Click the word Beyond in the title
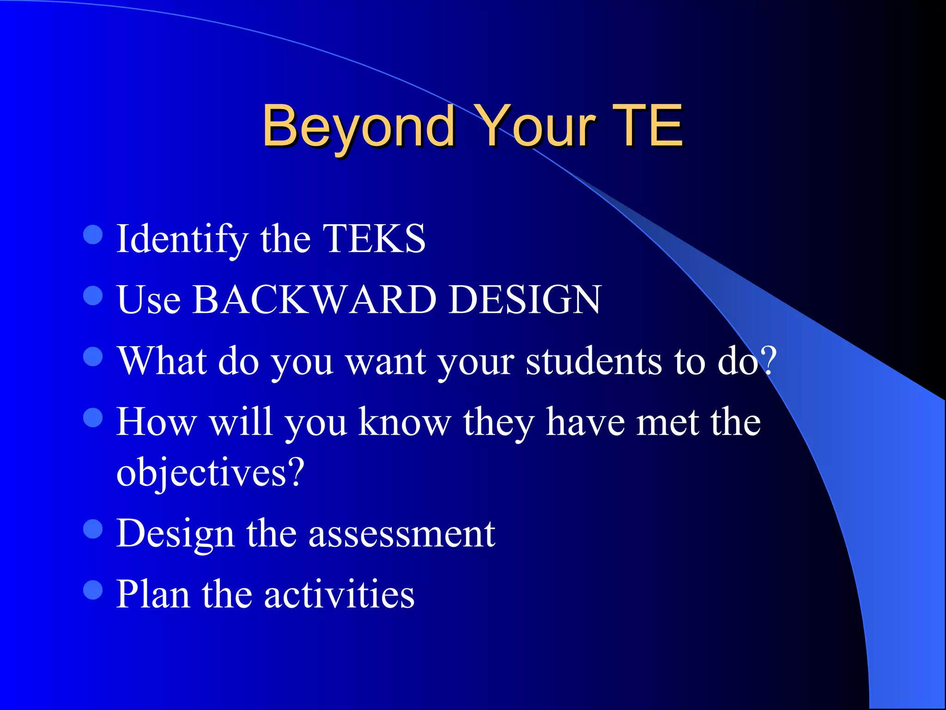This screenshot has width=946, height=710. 358,126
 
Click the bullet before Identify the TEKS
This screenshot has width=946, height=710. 93,234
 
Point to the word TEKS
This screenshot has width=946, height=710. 374,239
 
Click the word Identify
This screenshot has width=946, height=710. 182,239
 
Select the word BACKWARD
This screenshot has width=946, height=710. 314,300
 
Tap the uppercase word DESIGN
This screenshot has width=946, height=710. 525,300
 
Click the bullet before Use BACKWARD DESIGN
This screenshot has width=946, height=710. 93,295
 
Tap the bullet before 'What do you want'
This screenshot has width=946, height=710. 93,356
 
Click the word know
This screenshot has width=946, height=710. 405,422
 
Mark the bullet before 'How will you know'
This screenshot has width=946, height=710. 93,417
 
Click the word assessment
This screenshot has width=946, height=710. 402,533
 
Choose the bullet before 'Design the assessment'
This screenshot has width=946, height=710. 93,529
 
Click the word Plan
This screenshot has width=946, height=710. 153,594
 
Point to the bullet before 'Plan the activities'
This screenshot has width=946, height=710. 93,590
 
